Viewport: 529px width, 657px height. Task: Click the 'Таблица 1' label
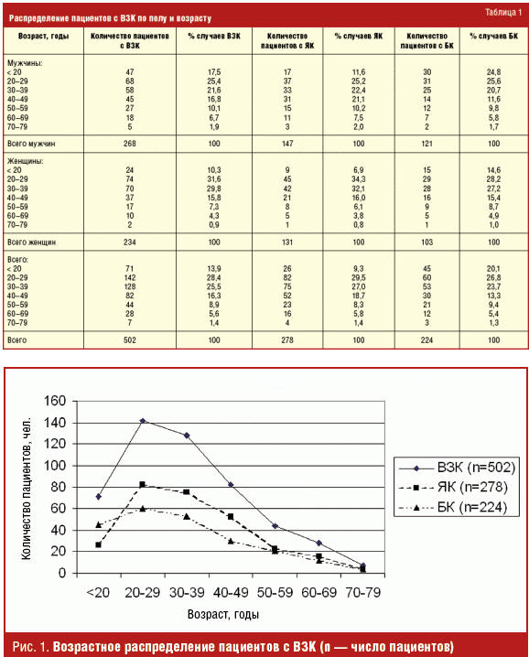coord(503,12)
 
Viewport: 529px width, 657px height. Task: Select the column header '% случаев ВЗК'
coord(214,36)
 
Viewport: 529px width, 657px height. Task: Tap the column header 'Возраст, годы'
coord(43,36)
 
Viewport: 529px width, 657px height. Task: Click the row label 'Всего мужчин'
coord(31,144)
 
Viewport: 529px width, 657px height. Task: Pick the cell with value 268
coord(130,144)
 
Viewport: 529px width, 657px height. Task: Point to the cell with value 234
coord(130,242)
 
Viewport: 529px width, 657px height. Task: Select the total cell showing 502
coord(130,340)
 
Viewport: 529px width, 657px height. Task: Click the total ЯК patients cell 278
coord(287,340)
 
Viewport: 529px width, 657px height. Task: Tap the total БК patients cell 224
coord(426,340)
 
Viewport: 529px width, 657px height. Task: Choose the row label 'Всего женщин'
coord(31,242)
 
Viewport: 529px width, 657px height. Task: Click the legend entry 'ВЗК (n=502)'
coord(457,468)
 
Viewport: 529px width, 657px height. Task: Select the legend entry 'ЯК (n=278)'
coord(453,487)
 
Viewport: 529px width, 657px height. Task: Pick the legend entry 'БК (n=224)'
coord(453,508)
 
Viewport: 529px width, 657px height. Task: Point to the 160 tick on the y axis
coord(55,401)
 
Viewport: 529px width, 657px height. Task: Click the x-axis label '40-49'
coord(231,592)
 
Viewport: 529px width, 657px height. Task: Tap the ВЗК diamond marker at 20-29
coord(143,421)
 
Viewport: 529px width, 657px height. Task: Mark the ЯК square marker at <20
coord(99,544)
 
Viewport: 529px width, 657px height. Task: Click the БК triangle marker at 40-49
coord(231,541)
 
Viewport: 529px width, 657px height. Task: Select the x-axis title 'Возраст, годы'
coord(223,615)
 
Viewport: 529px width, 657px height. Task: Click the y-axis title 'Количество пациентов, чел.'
coord(26,488)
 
